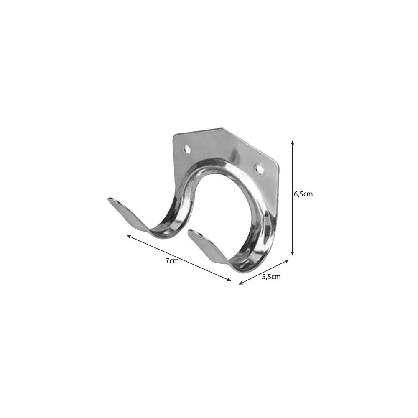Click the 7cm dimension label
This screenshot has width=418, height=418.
pos(172,261)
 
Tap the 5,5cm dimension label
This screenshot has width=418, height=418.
pos(271,277)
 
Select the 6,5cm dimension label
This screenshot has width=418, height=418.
pos(303,194)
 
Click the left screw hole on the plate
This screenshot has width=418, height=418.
pos(188,149)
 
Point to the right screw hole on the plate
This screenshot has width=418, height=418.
pos(258,168)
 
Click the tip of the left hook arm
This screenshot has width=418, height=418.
pos(109,199)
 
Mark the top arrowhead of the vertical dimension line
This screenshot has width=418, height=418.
pos(293,142)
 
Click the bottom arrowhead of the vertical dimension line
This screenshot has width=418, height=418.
pos(293,254)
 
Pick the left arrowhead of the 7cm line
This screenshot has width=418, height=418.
pos(128,237)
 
